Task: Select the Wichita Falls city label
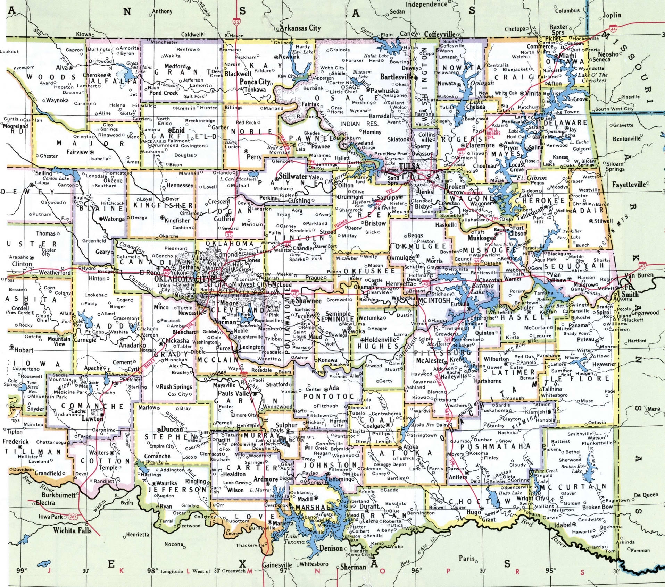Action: point(72,530)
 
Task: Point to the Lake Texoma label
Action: point(294,539)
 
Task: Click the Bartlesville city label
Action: point(397,77)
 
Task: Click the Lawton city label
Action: point(92,419)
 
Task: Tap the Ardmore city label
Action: point(266,479)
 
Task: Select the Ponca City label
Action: point(255,82)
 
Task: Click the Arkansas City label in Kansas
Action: point(300,28)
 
